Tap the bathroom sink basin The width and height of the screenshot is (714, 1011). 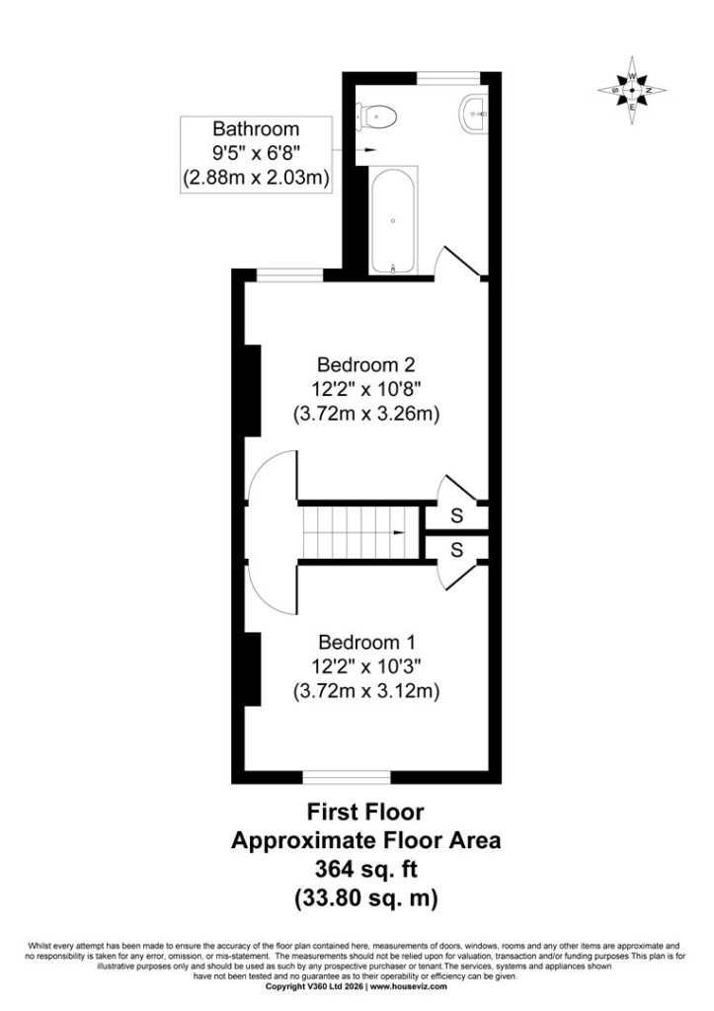pyautogui.click(x=475, y=115)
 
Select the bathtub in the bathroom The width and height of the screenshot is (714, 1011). pyautogui.click(x=393, y=221)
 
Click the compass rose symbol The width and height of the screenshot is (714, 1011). pyautogui.click(x=632, y=91)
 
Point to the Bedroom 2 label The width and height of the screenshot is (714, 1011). pyautogui.click(x=365, y=365)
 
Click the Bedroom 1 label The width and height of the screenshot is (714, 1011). pyautogui.click(x=366, y=642)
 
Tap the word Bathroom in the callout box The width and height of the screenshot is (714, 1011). pyautogui.click(x=256, y=129)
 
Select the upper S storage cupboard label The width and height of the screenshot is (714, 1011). pyautogui.click(x=456, y=515)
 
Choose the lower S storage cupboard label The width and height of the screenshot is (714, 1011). pyautogui.click(x=456, y=549)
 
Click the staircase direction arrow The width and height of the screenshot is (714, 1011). pyautogui.click(x=399, y=533)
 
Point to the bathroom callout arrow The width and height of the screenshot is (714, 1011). pyautogui.click(x=354, y=150)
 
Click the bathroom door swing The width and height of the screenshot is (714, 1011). pyautogui.click(x=458, y=263)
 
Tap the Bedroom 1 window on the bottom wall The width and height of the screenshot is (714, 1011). pyautogui.click(x=347, y=777)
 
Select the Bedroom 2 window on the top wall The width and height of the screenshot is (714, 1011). pyautogui.click(x=289, y=275)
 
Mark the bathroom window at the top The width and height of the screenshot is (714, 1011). pyautogui.click(x=448, y=78)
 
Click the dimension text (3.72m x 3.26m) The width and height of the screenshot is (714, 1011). pyautogui.click(x=366, y=414)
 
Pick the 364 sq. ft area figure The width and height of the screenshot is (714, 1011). pyautogui.click(x=365, y=869)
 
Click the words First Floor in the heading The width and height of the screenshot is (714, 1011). pyautogui.click(x=365, y=812)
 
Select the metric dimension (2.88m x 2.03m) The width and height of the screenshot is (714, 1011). pyautogui.click(x=256, y=177)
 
